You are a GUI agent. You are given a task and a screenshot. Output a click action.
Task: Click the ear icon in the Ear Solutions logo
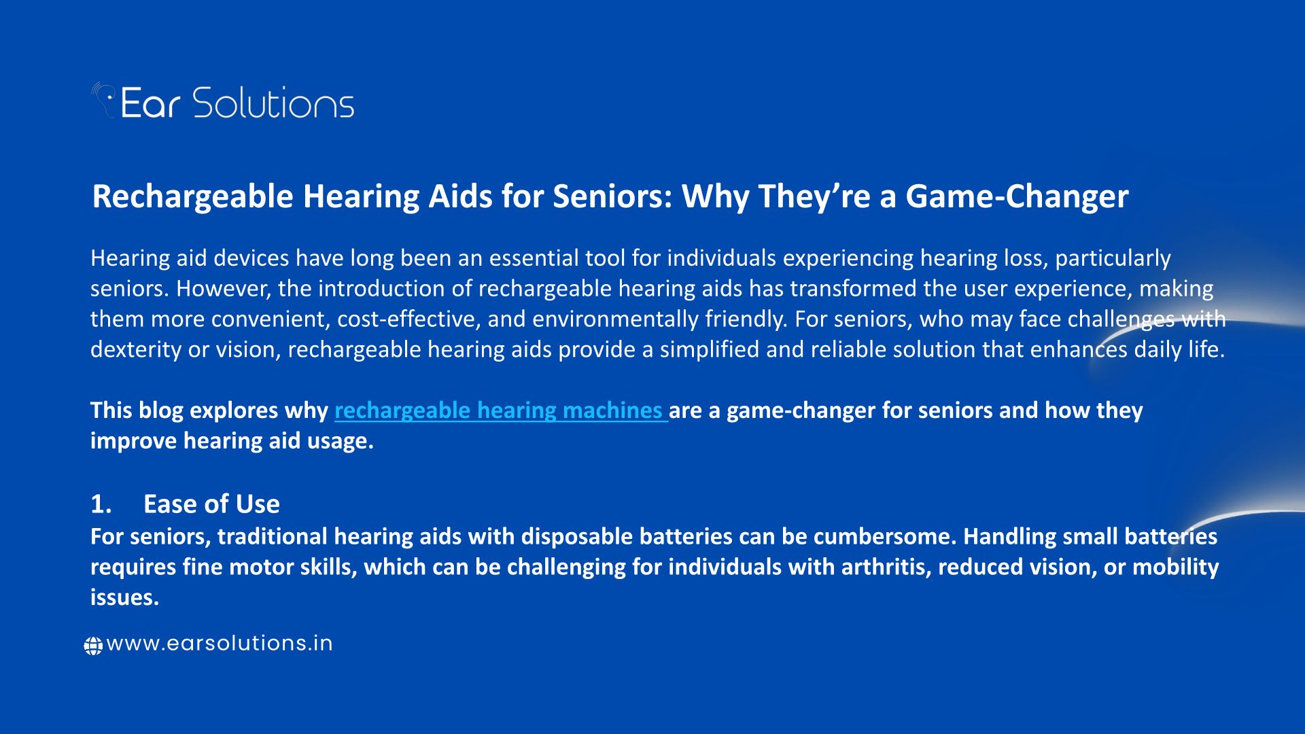[x=103, y=100]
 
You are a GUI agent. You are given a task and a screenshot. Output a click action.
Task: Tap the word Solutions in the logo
[x=273, y=103]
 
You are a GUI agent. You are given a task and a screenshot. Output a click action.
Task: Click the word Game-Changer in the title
[x=1017, y=196]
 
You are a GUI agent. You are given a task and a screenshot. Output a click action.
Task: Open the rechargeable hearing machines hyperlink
[x=501, y=410]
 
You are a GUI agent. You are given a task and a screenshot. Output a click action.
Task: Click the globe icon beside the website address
[x=93, y=645]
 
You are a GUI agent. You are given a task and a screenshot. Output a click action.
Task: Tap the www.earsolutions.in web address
[x=220, y=644]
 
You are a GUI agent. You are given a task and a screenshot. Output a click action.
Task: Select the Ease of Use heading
[x=211, y=504]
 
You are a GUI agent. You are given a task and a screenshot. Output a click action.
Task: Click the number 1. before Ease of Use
[x=101, y=504]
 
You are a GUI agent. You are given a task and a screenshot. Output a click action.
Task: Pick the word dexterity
[x=137, y=349]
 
